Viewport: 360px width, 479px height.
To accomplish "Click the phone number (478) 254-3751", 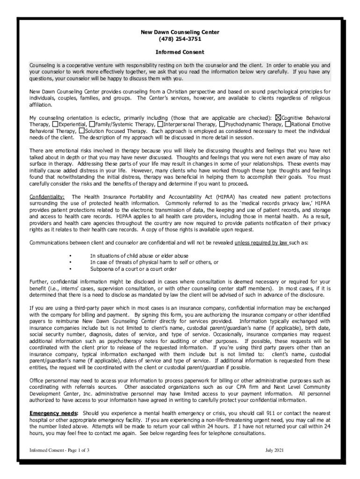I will click(x=180, y=39).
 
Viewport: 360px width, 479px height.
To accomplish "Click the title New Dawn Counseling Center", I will click(x=180, y=32).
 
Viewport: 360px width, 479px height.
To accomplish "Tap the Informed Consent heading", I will click(x=180, y=52).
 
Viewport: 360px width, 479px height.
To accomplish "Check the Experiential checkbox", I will click(x=55, y=125).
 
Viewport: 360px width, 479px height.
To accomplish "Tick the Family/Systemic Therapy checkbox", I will click(x=92, y=125).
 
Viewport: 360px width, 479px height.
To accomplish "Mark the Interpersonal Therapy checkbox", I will click(x=160, y=125).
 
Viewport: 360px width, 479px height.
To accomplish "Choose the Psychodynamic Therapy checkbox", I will click(x=222, y=125).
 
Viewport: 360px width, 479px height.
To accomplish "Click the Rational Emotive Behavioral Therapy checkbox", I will click(x=288, y=125).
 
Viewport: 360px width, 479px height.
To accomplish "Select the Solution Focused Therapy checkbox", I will click(x=82, y=131).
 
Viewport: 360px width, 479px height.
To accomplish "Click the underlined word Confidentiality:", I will click(x=47, y=197).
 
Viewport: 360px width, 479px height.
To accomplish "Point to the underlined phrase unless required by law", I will click(x=261, y=243).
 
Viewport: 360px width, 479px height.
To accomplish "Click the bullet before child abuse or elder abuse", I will click(x=70, y=256).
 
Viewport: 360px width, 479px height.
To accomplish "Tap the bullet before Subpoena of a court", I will click(x=70, y=269).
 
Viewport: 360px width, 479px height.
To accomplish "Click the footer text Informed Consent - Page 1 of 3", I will click(x=59, y=450).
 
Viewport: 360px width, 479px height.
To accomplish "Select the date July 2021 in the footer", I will click(x=274, y=450).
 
